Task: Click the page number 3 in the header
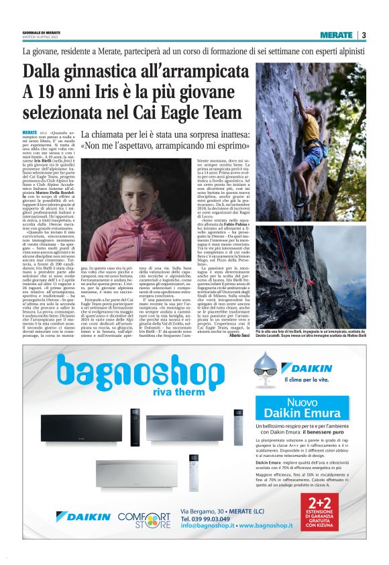[x=364, y=36]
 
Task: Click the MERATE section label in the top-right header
[x=336, y=36]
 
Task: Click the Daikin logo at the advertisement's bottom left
[x=84, y=517]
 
